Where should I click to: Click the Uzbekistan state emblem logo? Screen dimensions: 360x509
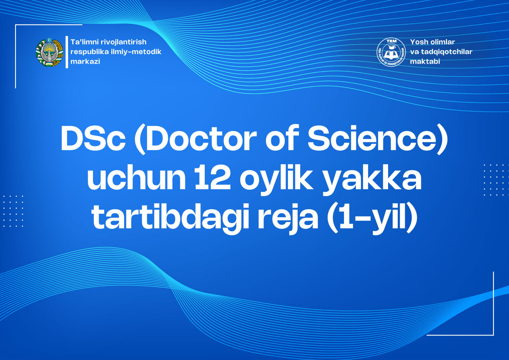49,53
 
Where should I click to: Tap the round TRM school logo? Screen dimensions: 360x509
391,52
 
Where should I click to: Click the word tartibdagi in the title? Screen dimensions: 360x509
164,218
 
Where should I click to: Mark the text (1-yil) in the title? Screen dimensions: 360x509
371,218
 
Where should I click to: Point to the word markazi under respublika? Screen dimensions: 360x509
85,62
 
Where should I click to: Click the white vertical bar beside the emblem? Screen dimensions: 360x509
67,52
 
